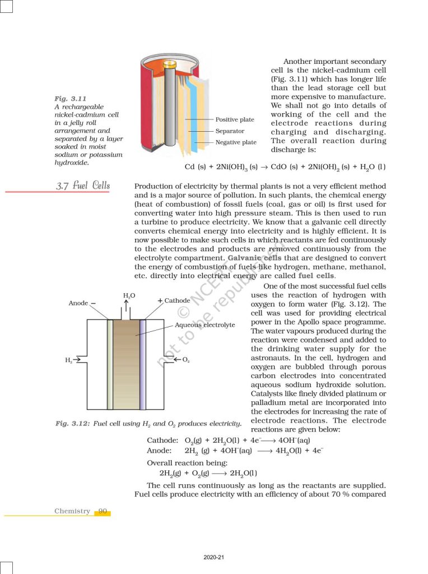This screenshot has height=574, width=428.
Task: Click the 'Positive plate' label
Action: point(235,119)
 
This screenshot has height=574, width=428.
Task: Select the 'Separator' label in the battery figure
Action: point(230,131)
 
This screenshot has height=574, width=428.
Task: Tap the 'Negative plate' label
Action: point(236,142)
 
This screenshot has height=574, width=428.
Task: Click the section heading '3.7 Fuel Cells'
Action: point(83,186)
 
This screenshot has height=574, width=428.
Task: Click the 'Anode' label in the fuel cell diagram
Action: point(78,303)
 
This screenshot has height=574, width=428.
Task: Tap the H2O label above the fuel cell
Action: point(129,295)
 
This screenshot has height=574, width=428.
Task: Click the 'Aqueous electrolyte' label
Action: point(205,325)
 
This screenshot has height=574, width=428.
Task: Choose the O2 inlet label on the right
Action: point(185,359)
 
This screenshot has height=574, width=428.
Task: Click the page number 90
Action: point(103,511)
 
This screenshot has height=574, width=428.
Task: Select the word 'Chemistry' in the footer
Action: point(72,511)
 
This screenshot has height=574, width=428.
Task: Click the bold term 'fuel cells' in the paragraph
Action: point(317,276)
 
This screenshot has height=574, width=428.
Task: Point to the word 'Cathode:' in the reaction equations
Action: point(162,440)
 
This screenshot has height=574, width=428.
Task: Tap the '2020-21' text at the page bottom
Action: point(214,557)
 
